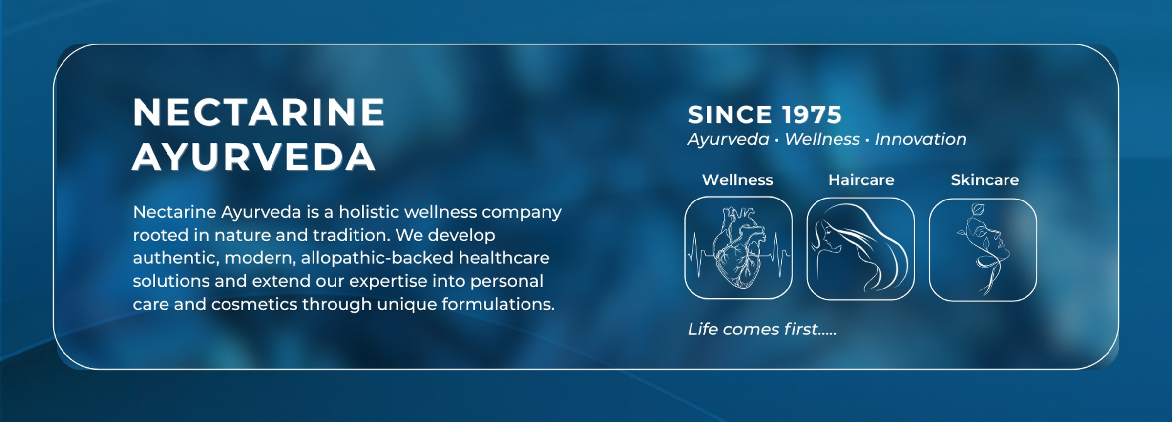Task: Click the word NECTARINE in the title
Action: pyautogui.click(x=259, y=112)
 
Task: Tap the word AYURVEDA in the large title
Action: pyautogui.click(x=254, y=157)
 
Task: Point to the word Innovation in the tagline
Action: pyautogui.click(x=921, y=139)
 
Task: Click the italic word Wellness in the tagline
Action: pyautogui.click(x=822, y=139)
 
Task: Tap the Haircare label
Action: pyautogui.click(x=861, y=180)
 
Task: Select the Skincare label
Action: pyautogui.click(x=985, y=180)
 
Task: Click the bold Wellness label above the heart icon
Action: pyautogui.click(x=738, y=180)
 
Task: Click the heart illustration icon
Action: pyautogui.click(x=738, y=248)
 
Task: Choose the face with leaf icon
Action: pyautogui.click(x=983, y=250)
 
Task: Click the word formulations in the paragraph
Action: pyautogui.click(x=498, y=304)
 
